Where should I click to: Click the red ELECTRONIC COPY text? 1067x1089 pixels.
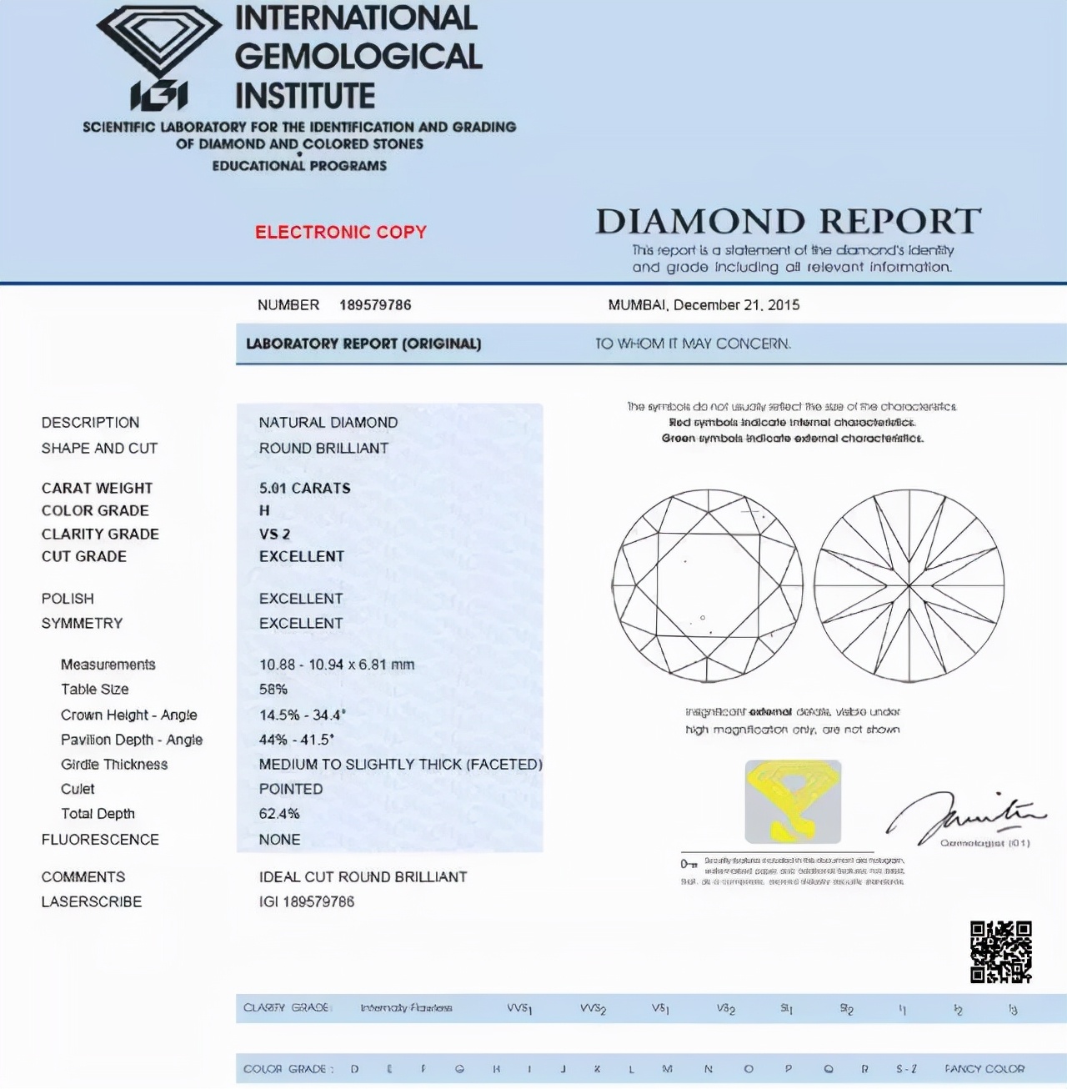coord(340,232)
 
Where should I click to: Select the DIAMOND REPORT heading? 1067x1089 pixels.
coord(788,222)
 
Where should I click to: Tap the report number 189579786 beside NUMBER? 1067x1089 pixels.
coord(375,305)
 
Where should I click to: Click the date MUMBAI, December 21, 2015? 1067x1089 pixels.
coord(704,305)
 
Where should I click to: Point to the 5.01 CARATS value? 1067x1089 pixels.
coord(304,488)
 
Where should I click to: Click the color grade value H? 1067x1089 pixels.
coord(264,510)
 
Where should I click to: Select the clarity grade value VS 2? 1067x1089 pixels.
coord(274,534)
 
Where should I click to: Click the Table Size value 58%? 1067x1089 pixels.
coord(273,690)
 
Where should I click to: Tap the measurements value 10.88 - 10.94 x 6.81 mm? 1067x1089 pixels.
coord(336,665)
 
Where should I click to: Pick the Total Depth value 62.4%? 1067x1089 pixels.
coord(279,814)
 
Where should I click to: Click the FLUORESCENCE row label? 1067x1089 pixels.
coord(100,840)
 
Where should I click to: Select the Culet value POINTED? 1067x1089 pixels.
coord(290,789)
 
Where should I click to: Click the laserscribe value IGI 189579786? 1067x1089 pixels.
coord(306,901)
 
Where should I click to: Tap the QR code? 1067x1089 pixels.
coord(1000,951)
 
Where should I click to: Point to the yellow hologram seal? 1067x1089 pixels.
coord(793,801)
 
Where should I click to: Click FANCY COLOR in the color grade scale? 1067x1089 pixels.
coord(984,1069)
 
